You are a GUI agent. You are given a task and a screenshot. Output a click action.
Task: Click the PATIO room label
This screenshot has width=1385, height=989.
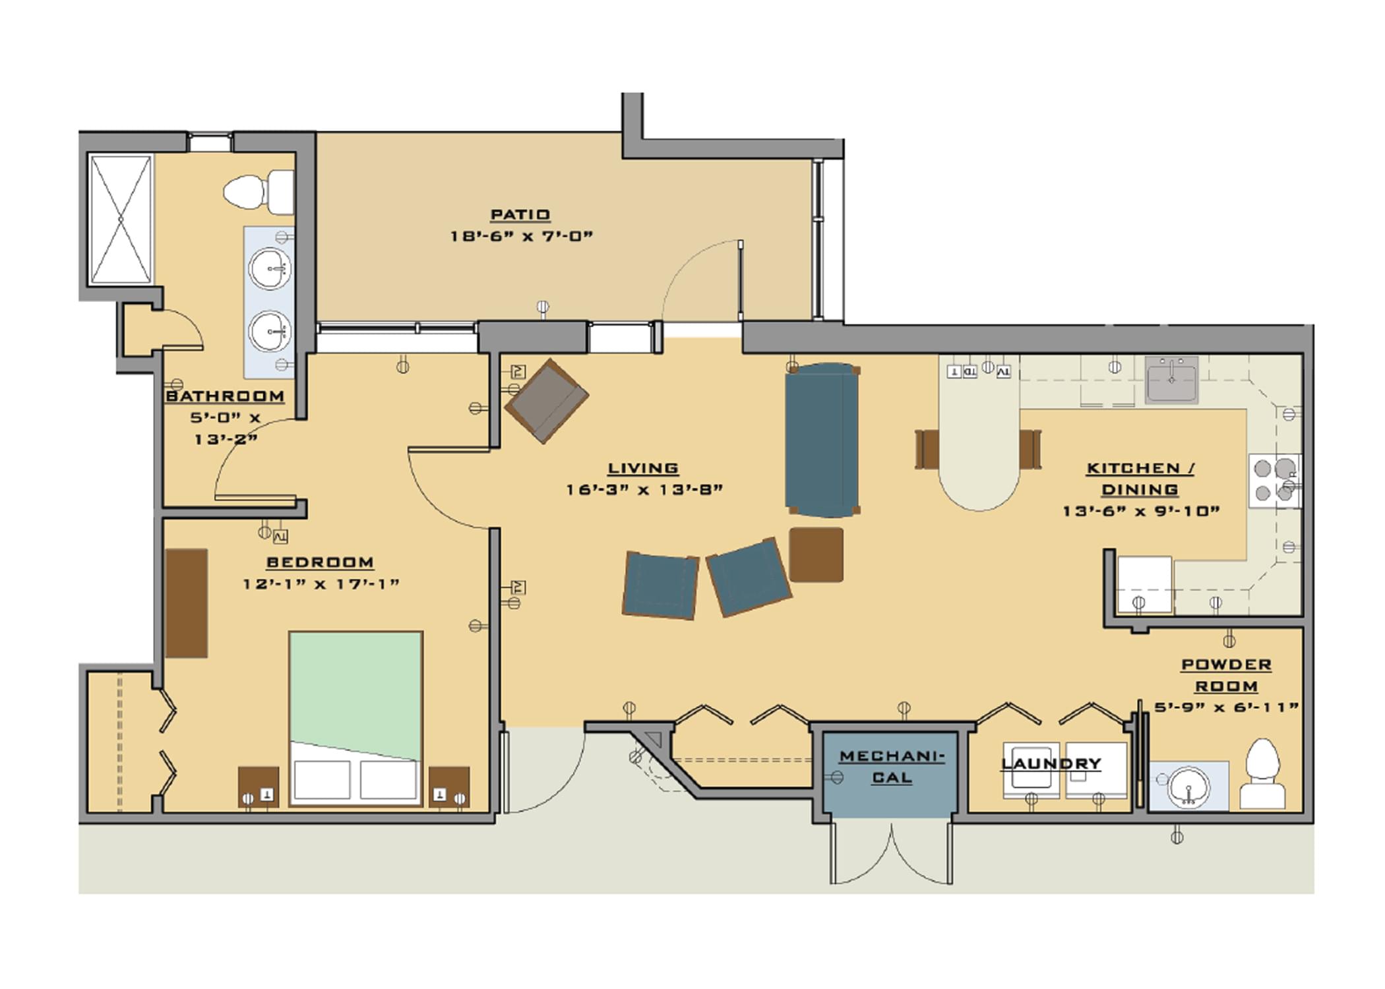(520, 215)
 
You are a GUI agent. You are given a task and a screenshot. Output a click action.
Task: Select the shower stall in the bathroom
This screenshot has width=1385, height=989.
(121, 219)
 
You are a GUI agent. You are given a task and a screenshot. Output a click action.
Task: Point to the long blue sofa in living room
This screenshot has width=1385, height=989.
(822, 440)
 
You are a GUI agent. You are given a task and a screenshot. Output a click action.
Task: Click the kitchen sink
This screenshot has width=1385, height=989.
(1171, 380)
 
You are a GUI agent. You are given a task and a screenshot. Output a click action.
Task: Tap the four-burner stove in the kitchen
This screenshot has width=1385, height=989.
(1274, 481)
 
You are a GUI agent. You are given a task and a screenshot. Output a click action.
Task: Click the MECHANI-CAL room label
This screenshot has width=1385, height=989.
(892, 767)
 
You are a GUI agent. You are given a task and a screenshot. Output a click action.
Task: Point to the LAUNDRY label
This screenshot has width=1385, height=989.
(1051, 764)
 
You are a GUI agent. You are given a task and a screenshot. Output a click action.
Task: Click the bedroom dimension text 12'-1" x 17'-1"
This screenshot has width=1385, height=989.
(321, 584)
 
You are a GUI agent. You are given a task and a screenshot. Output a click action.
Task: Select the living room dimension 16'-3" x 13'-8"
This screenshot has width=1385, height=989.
(644, 490)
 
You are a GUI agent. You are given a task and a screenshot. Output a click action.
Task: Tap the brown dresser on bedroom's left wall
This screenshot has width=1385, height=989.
(187, 603)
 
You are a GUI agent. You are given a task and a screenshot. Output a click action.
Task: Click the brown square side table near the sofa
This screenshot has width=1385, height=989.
(816, 554)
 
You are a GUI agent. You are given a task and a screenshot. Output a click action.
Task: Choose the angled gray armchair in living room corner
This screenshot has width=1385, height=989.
(547, 401)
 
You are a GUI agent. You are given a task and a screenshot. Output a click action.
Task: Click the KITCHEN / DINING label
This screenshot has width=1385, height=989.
(1140, 479)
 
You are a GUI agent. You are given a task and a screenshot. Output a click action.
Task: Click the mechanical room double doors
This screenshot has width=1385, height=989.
(891, 854)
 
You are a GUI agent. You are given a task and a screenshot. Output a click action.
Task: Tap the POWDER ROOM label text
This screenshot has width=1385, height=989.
(1226, 675)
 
